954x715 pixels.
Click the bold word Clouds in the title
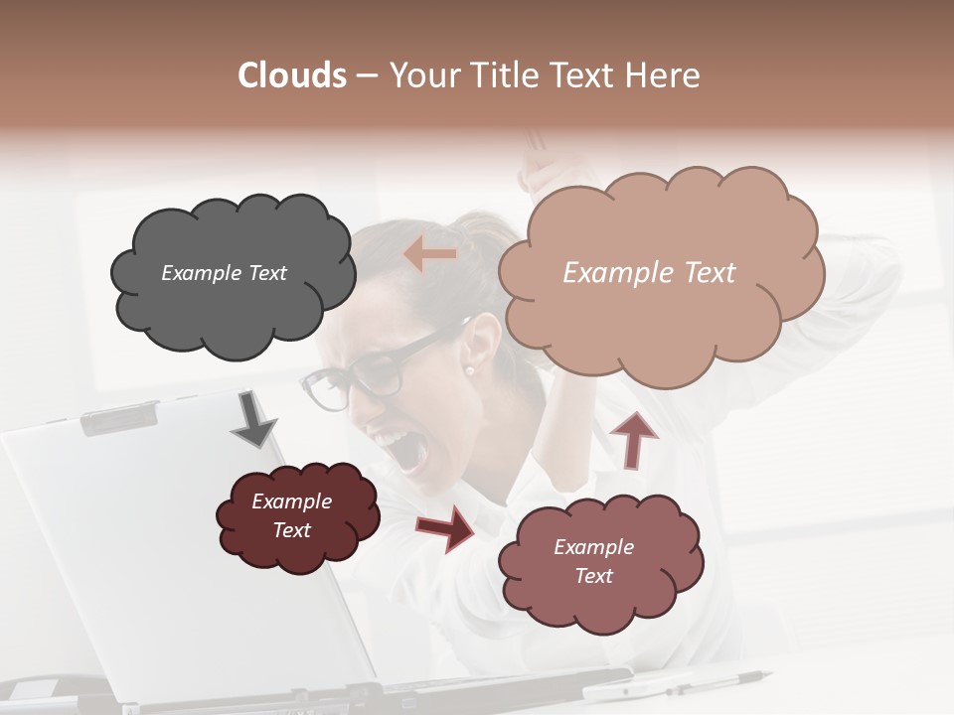click(x=292, y=75)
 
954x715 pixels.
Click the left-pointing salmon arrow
click(x=430, y=255)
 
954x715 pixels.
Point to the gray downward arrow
click(x=253, y=420)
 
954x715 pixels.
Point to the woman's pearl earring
click(x=469, y=369)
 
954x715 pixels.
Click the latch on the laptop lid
click(x=118, y=418)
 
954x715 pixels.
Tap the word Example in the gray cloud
click(x=200, y=273)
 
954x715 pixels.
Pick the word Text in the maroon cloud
click(x=292, y=530)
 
